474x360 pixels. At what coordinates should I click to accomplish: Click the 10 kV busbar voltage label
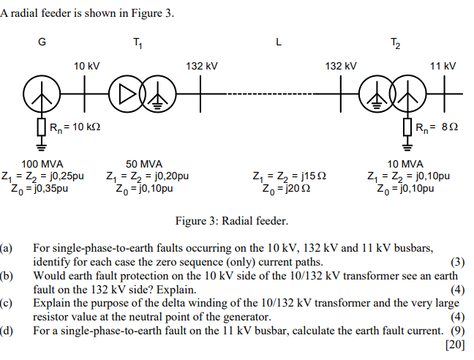point(86,67)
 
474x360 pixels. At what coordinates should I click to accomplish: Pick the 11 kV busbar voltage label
point(443,67)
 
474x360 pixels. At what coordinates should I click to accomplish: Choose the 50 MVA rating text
point(144,163)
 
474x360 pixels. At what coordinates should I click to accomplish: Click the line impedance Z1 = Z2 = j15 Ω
point(289,176)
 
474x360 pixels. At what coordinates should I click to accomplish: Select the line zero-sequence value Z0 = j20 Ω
point(289,188)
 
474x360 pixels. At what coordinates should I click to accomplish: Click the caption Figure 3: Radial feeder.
point(232,220)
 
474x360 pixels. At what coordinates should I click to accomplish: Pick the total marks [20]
point(454,345)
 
